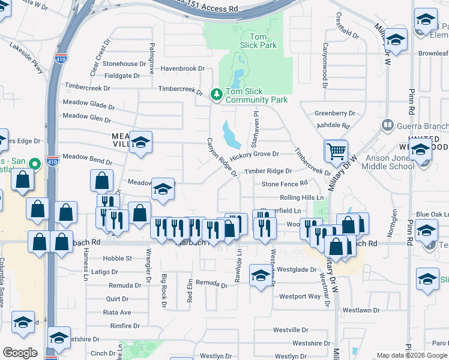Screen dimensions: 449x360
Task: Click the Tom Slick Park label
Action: pos(262,41)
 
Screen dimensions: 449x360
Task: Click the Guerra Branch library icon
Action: pos(388,125)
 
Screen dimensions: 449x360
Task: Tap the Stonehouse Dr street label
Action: pos(120,64)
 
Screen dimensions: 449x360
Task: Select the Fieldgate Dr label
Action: pos(122,76)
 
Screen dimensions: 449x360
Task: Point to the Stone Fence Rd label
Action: pos(284,183)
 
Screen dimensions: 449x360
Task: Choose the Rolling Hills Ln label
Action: pos(301,197)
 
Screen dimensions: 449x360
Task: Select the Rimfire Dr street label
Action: pos(124,326)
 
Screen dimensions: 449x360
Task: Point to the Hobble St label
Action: pos(118,259)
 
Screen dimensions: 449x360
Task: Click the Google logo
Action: pos(20,352)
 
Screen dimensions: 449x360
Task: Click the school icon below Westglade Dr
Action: pos(260,275)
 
